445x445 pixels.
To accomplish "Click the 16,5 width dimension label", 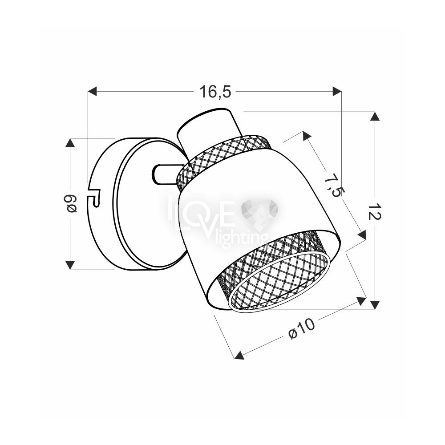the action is (215, 92).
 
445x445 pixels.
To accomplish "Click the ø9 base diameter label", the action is (71, 204).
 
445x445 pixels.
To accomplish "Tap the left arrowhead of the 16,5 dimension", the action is (92, 91).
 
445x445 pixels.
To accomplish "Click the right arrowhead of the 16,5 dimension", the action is (337, 91).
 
